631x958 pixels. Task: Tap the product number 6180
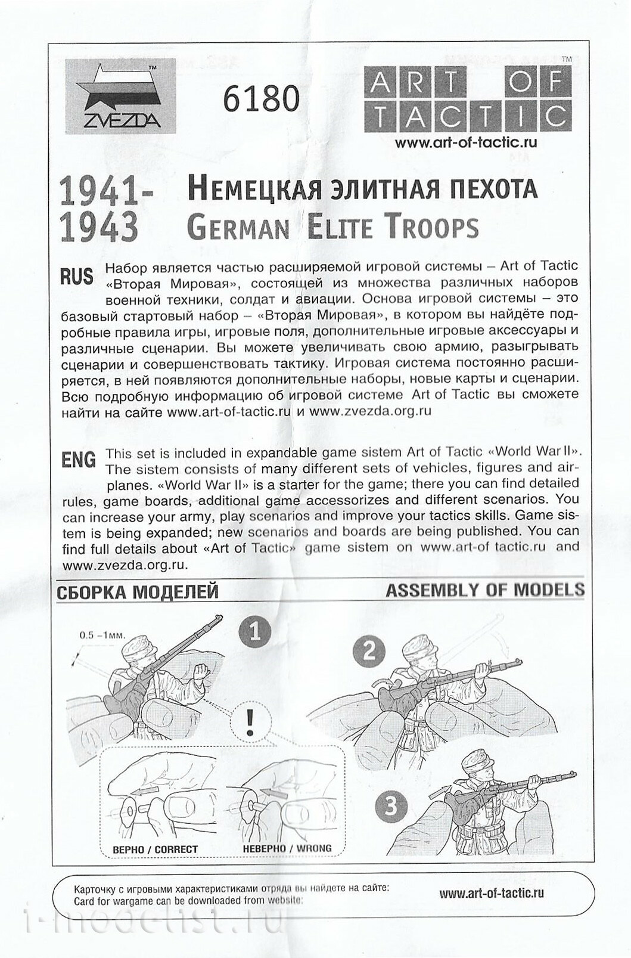(261, 99)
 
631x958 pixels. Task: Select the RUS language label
(77, 277)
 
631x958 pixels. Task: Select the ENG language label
(79, 460)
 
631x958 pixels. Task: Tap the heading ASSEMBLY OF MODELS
(485, 590)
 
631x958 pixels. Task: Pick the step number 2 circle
(369, 650)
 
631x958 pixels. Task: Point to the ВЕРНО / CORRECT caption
(155, 849)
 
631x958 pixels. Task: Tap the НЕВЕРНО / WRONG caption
(287, 848)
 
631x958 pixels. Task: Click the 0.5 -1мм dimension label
(102, 635)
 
